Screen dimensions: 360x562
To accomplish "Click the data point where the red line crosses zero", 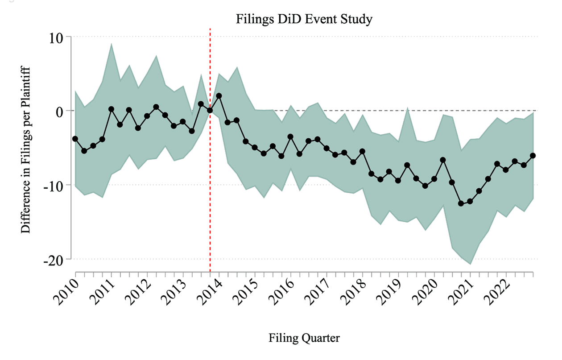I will pos(210,110).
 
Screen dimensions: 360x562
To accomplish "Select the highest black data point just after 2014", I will pos(219,95).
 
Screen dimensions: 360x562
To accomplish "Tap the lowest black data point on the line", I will pos(461,203).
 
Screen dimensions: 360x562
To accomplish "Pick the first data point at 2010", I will pos(75,139).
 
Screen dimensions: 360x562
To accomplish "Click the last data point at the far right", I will pos(533,155).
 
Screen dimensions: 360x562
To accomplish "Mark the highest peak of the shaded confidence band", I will pos(111,44).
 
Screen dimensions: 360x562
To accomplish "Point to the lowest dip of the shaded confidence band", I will pos(470,264).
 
